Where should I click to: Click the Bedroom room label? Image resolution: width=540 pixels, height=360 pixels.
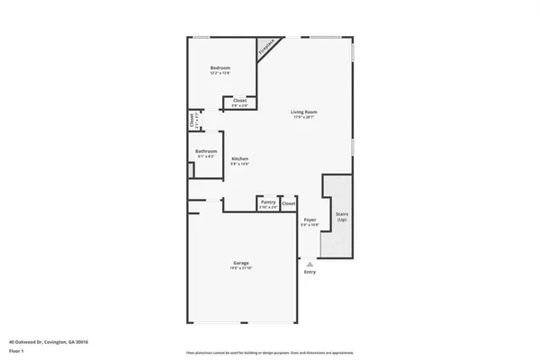(220, 68)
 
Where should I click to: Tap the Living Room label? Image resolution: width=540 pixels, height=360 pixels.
(303, 112)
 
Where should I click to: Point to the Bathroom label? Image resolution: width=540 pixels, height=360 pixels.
(206, 151)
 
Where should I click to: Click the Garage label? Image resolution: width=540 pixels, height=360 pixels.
(242, 262)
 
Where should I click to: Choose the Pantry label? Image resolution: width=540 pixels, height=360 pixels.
(268, 202)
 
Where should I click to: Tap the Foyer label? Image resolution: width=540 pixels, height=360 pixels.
(310, 220)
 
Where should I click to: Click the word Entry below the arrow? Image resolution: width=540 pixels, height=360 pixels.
(310, 272)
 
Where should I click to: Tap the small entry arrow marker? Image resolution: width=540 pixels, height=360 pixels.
(310, 263)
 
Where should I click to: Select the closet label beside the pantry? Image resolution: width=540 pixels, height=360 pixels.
(288, 204)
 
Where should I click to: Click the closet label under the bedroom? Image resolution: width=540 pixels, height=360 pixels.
(239, 100)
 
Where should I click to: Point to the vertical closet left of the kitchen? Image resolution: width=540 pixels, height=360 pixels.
(193, 120)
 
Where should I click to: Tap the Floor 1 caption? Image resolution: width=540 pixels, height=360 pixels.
(17, 351)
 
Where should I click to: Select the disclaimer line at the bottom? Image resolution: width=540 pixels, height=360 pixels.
(269, 352)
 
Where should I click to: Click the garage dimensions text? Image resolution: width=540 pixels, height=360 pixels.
(242, 267)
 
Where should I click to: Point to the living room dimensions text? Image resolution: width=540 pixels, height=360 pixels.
(303, 117)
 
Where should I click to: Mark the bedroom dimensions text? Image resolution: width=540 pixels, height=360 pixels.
(220, 74)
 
